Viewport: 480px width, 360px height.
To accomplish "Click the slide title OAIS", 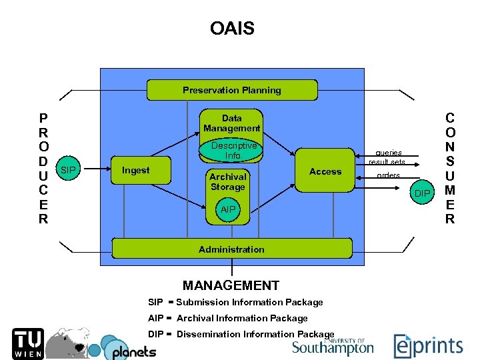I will tap(232, 29).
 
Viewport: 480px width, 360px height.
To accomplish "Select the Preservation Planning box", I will tap(232, 90).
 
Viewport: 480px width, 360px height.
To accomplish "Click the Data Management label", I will tap(232, 123).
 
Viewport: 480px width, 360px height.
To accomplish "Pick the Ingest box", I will tap(136, 171).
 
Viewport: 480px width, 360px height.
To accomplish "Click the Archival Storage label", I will tap(228, 181).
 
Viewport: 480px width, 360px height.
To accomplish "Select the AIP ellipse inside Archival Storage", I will tap(228, 209).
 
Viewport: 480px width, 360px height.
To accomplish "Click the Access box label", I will tap(325, 171).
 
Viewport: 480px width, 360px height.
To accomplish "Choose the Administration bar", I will tap(231, 249).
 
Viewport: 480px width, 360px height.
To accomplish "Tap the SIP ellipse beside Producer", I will tap(68, 171).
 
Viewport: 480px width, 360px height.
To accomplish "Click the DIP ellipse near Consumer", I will tap(422, 193).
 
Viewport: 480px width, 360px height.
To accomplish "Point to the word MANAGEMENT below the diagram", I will tap(231, 285).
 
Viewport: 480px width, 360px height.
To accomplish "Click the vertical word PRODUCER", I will tap(43, 168).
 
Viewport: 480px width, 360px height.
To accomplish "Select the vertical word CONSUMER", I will tap(449, 168).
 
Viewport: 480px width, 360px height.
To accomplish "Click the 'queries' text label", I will tap(388, 152).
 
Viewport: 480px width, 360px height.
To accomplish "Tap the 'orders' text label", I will tap(388, 175).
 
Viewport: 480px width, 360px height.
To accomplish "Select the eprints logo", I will tap(428, 345).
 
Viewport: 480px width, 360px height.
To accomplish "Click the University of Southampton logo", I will tap(333, 346).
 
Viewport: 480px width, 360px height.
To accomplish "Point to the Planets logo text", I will tap(133, 351).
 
